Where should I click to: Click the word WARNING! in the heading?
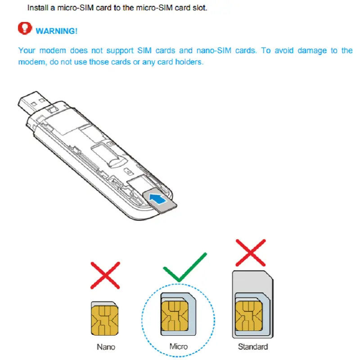[57, 31]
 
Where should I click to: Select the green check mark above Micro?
[184, 267]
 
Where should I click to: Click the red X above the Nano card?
[105, 274]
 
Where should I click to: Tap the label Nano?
[106, 347]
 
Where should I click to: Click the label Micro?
[178, 347]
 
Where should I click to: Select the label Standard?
[253, 347]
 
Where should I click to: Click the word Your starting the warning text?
[27, 50]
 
